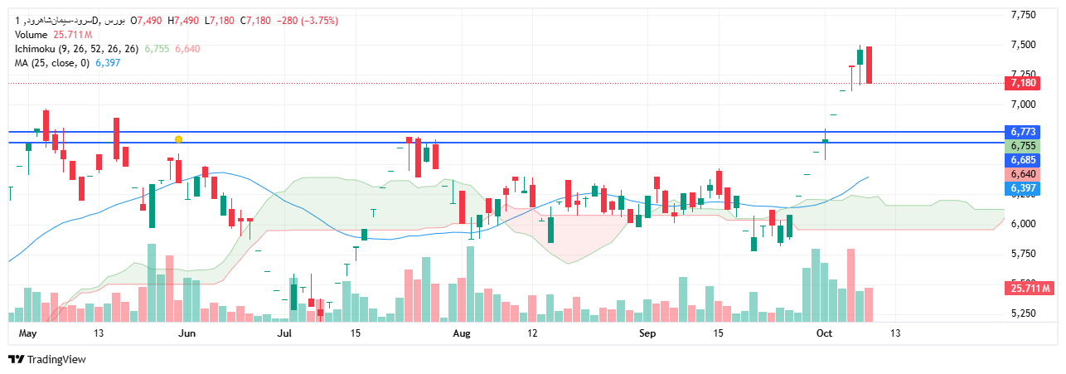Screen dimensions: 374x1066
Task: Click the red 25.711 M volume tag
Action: (1030, 288)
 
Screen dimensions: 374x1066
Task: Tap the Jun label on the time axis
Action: (187, 333)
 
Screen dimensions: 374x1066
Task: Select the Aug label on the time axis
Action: (462, 333)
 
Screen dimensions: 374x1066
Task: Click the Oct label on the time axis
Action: (824, 333)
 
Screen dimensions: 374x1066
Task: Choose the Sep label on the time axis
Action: (648, 333)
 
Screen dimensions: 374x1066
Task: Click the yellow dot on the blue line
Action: (178, 139)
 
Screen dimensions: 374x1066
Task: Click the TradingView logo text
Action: (56, 360)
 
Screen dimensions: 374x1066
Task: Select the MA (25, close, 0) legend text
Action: (51, 63)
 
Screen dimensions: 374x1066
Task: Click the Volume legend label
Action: (31, 35)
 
